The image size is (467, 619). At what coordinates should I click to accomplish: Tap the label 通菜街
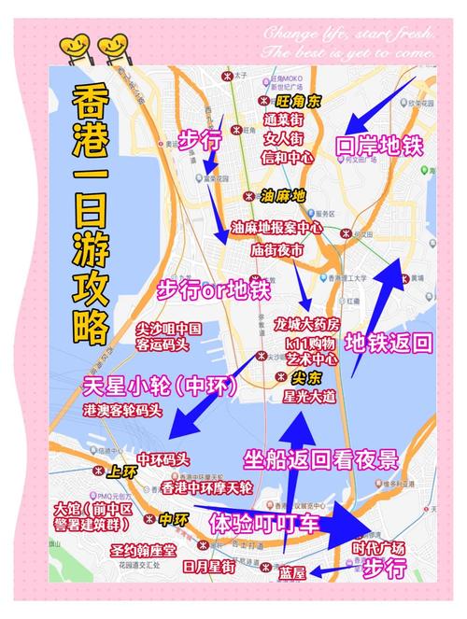[283, 119]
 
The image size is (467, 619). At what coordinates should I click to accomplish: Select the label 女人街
[283, 137]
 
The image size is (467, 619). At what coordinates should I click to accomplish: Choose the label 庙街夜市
[277, 250]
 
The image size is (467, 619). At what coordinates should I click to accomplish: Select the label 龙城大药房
[307, 323]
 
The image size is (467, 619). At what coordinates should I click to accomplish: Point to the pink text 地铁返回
[389, 342]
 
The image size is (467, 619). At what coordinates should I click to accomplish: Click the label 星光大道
[308, 396]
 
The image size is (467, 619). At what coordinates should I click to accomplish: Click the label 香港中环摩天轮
[206, 487]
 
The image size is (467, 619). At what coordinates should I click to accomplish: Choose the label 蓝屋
[292, 573]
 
